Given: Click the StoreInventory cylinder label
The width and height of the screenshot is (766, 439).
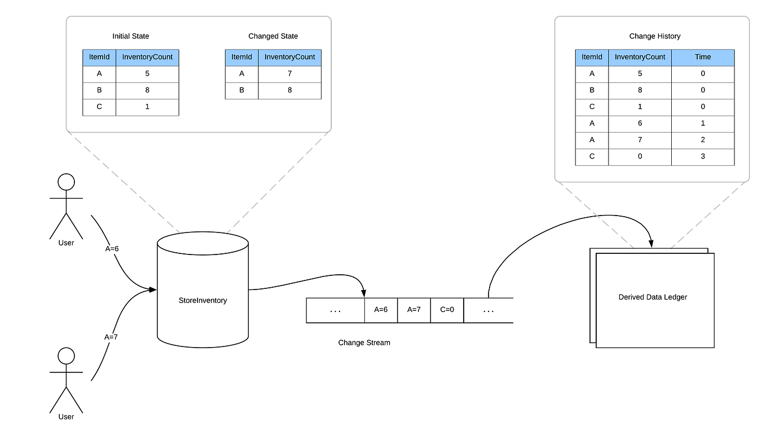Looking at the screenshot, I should click(x=202, y=301).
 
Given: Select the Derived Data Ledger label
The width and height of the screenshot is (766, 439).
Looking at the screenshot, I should click(x=653, y=297).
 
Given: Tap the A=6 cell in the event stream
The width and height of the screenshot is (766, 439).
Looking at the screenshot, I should click(x=381, y=310).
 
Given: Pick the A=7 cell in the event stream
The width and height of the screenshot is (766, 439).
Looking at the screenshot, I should click(x=414, y=310).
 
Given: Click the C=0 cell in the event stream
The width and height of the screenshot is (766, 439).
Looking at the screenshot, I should click(x=447, y=310).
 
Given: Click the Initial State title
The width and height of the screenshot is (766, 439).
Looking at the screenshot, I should click(x=130, y=36).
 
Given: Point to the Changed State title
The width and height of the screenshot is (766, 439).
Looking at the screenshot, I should click(x=273, y=36).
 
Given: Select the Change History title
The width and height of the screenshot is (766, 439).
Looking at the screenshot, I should click(x=654, y=36).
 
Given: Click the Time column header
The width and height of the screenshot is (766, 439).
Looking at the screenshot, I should click(x=703, y=57).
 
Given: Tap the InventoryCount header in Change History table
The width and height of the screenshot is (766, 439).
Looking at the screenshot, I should click(x=640, y=57).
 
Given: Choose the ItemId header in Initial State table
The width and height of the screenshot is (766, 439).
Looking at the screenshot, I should click(x=99, y=57).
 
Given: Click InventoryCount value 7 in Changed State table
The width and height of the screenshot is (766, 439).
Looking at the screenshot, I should click(x=290, y=73).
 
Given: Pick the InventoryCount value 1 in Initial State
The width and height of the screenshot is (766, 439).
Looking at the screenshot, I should click(x=147, y=107).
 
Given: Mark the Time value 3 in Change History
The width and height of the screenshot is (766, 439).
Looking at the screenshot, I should click(x=703, y=156).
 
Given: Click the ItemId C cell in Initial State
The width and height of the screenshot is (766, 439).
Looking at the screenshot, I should click(x=99, y=107).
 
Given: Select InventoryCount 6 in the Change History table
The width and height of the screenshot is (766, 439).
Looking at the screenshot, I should click(x=640, y=123).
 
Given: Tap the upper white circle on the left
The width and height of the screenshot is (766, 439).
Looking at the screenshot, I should click(x=67, y=182).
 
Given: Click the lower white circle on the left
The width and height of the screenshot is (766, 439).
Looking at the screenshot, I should click(x=67, y=356).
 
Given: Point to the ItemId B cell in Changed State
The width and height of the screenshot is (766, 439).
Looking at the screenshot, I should click(x=241, y=90).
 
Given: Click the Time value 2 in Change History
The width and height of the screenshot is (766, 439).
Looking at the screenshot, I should click(x=703, y=140).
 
